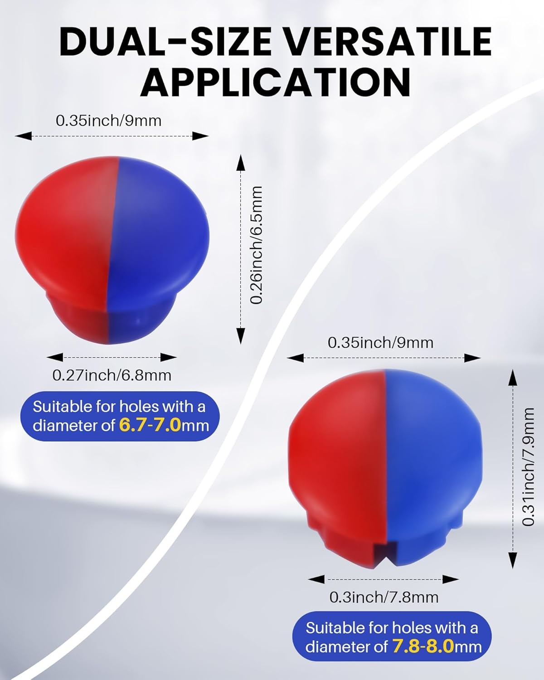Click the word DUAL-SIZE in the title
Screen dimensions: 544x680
[x=165, y=42]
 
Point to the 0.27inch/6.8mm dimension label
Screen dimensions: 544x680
[x=112, y=375]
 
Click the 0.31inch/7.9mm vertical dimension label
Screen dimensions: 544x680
[x=528, y=467]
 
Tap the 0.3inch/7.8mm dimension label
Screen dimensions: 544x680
[x=384, y=597]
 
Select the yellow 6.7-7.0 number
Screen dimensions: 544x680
[x=150, y=425]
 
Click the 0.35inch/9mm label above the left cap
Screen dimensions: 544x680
[x=108, y=121]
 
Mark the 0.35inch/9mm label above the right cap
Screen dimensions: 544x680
[x=380, y=343]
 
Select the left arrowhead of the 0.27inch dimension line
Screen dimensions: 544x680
[x=54, y=357]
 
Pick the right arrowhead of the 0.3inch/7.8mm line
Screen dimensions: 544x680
[x=451, y=579]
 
